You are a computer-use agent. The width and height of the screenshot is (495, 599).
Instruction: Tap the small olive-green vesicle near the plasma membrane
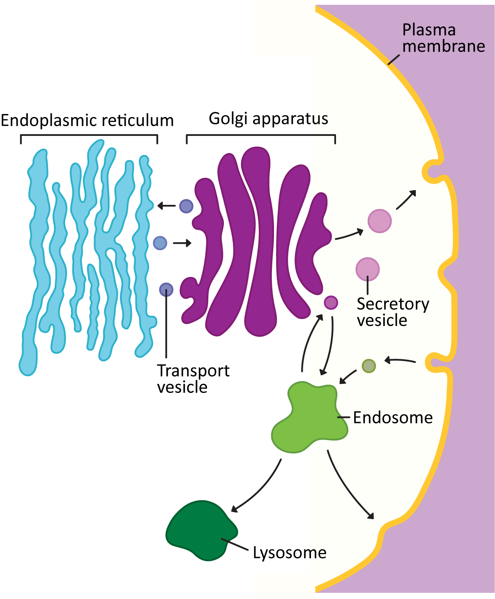368,366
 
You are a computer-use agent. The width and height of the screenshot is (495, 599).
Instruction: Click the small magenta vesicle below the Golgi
331,303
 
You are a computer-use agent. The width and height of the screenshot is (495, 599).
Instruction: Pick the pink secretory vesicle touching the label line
367,269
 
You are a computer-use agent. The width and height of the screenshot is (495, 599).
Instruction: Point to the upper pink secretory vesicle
379,221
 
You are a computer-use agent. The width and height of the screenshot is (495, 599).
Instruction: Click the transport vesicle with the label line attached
166,290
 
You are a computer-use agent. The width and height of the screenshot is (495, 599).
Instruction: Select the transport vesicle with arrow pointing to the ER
186,206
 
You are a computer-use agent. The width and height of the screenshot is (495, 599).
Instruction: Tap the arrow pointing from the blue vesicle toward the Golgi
182,243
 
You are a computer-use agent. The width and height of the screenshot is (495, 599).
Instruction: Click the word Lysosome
289,553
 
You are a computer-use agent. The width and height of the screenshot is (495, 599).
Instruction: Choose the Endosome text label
393,418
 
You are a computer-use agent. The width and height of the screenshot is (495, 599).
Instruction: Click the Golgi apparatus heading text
268,119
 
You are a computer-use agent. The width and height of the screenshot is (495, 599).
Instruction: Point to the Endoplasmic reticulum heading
87,121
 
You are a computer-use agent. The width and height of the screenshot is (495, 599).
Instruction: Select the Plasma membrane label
443,38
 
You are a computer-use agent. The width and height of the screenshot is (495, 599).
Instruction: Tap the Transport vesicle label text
193,379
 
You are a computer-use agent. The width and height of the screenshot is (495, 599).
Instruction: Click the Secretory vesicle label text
392,312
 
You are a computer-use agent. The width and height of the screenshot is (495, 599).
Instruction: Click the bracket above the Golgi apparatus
261,135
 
